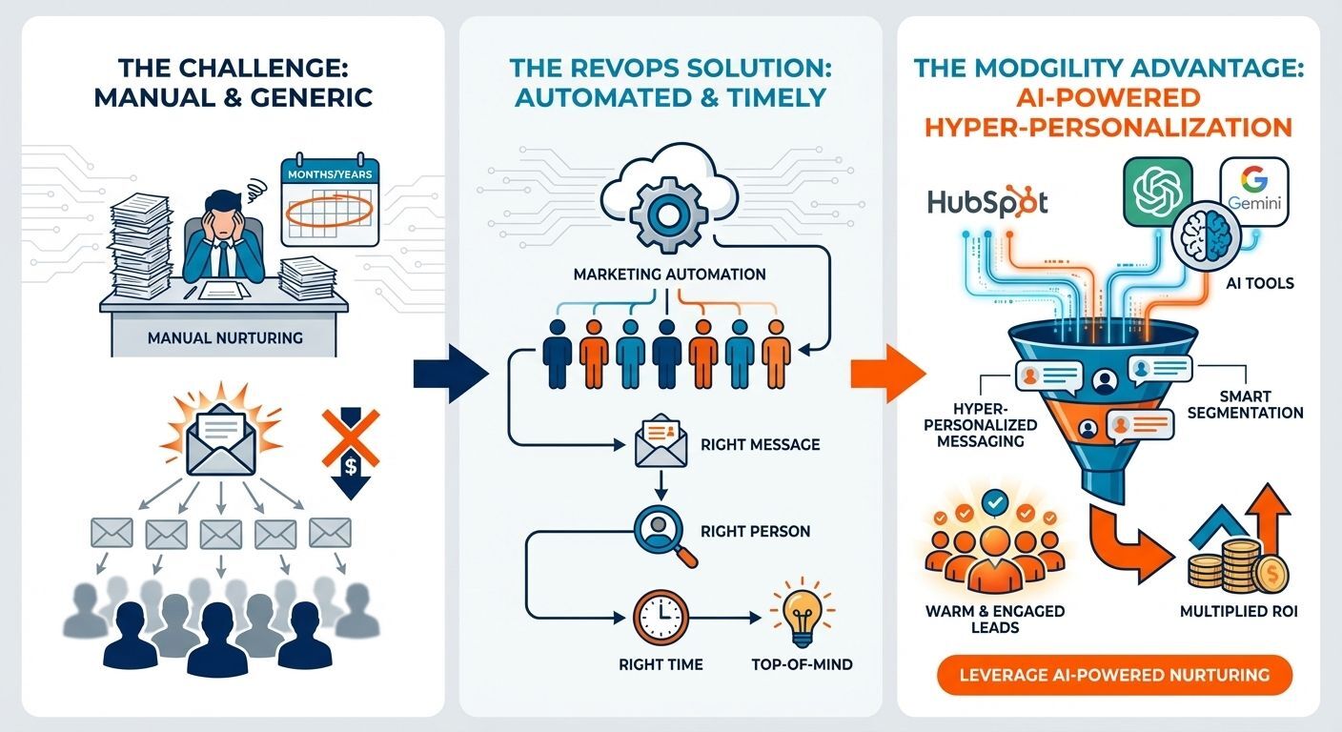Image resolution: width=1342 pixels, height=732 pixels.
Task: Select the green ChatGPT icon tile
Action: tap(1158, 191)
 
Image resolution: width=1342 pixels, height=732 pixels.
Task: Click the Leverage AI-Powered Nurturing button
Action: tap(1113, 675)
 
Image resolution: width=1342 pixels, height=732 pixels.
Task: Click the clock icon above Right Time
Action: tap(660, 618)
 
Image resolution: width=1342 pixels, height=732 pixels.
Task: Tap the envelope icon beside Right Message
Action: tap(661, 444)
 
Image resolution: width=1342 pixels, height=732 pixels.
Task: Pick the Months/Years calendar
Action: tap(329, 203)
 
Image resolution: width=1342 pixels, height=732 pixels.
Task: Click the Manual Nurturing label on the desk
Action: tap(225, 337)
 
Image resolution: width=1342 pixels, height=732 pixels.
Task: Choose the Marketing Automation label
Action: tap(669, 274)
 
